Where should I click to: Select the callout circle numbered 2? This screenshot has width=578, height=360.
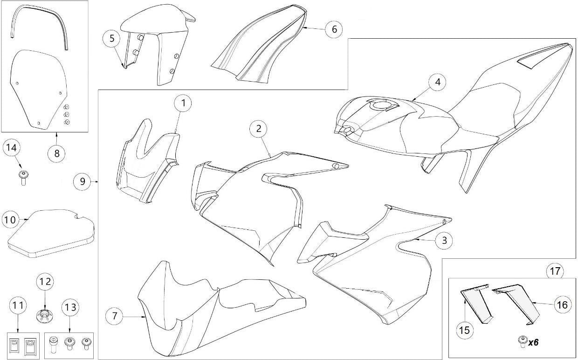click(x=258, y=129)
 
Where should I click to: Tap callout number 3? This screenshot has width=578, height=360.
click(x=444, y=240)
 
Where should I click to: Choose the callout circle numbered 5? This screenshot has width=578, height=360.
click(x=112, y=38)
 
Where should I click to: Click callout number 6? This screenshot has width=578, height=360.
click(x=334, y=29)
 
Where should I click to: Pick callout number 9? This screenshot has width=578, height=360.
click(x=83, y=181)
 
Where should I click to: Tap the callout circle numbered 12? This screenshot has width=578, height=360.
click(x=46, y=282)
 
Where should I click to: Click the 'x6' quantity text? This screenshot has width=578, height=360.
click(x=533, y=342)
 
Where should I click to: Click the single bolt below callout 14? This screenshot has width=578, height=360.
click(x=22, y=177)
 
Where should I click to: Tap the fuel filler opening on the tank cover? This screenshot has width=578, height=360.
click(x=382, y=106)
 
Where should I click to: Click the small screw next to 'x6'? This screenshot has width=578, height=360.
click(x=523, y=342)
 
